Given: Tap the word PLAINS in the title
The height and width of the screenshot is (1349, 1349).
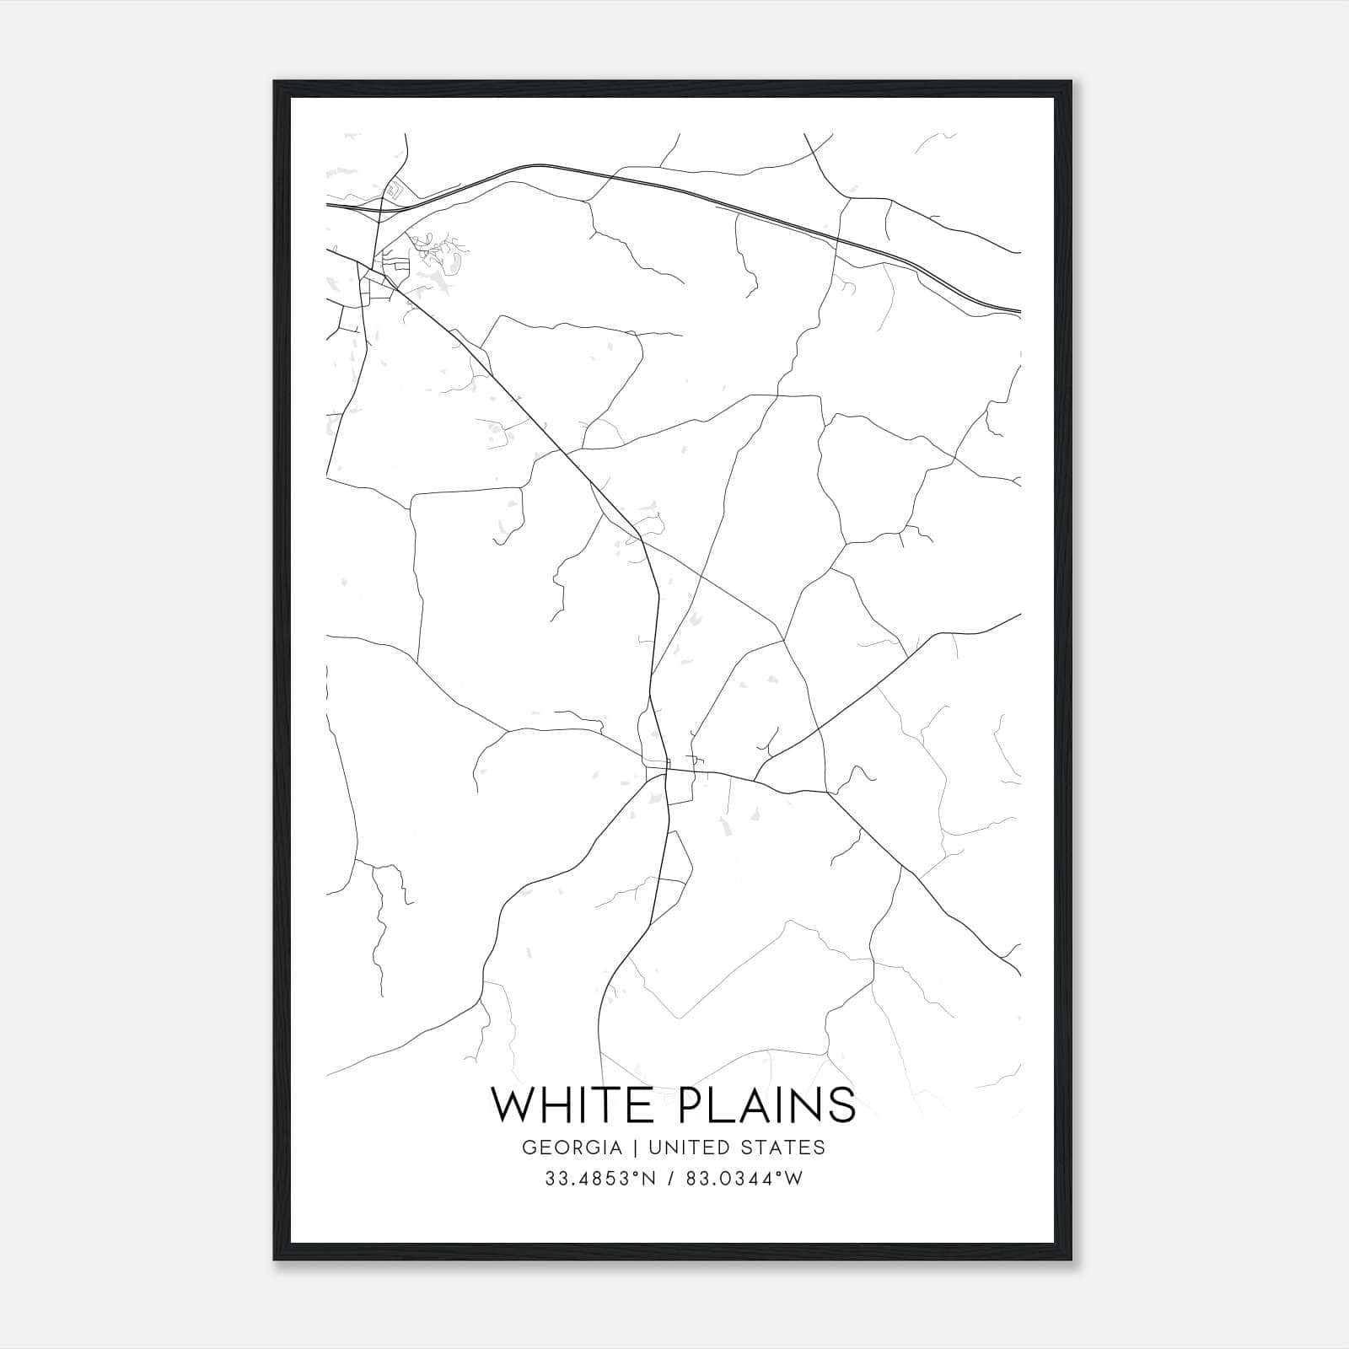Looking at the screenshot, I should click(x=766, y=1104).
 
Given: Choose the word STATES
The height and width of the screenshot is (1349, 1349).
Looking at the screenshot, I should click(x=783, y=1147).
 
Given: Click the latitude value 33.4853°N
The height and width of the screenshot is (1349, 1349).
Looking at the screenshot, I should click(x=600, y=1179).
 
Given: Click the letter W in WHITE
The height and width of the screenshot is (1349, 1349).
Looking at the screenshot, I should click(x=513, y=1104).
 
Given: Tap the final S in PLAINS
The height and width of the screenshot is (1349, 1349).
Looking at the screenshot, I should click(x=841, y=1104).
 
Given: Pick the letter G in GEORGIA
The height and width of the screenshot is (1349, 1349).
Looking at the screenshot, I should click(x=529, y=1147).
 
